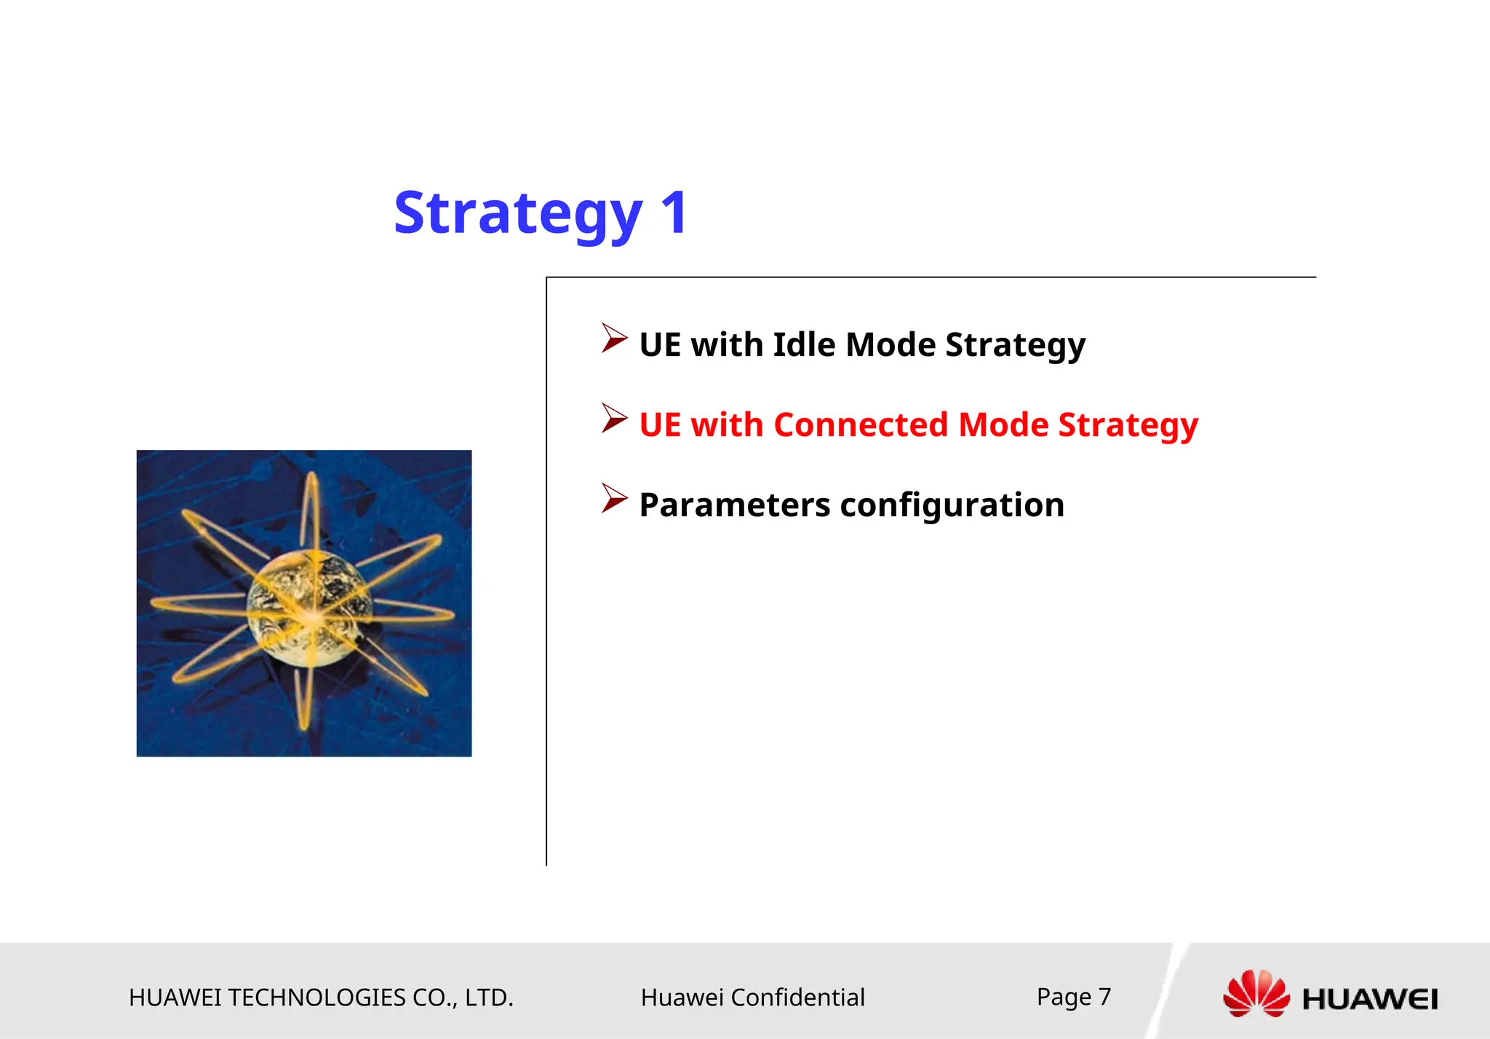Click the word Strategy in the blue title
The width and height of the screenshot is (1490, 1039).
click(x=517, y=213)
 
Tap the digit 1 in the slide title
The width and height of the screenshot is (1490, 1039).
click(x=674, y=213)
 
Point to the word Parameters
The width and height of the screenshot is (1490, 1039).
click(x=734, y=505)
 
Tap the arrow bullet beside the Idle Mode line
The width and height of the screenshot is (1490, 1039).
click(x=613, y=339)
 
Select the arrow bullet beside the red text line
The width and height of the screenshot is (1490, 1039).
click(x=613, y=419)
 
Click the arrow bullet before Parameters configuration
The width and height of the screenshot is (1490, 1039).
click(x=613, y=499)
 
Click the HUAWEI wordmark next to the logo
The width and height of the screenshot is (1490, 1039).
click(x=1370, y=999)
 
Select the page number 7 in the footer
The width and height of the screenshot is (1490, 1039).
click(x=1104, y=996)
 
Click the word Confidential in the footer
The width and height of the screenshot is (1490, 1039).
click(x=797, y=997)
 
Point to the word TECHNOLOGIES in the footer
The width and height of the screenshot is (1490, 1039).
click(x=316, y=997)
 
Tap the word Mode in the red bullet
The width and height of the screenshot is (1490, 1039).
click(x=1003, y=424)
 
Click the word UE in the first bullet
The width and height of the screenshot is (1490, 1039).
click(x=660, y=344)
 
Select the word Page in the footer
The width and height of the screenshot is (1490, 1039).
click(x=1064, y=996)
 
